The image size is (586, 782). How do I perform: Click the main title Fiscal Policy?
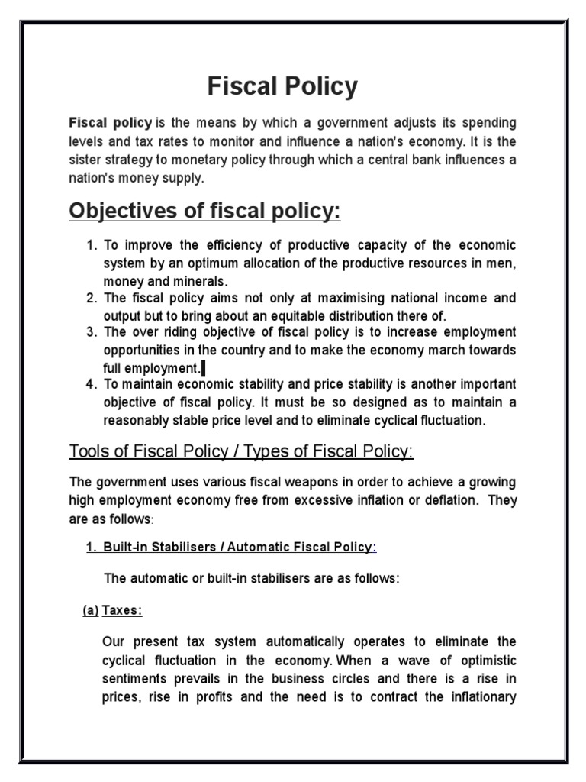[282, 87]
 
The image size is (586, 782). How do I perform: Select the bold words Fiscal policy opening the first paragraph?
[110, 123]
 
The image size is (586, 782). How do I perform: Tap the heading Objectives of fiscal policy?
[204, 212]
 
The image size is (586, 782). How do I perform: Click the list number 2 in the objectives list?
[91, 298]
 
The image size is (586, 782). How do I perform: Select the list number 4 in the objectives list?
[91, 383]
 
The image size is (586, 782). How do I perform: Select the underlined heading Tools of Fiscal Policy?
[241, 451]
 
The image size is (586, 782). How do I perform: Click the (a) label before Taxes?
[90, 610]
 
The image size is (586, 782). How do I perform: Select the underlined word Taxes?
[123, 610]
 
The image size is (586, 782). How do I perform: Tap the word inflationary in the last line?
[481, 696]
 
